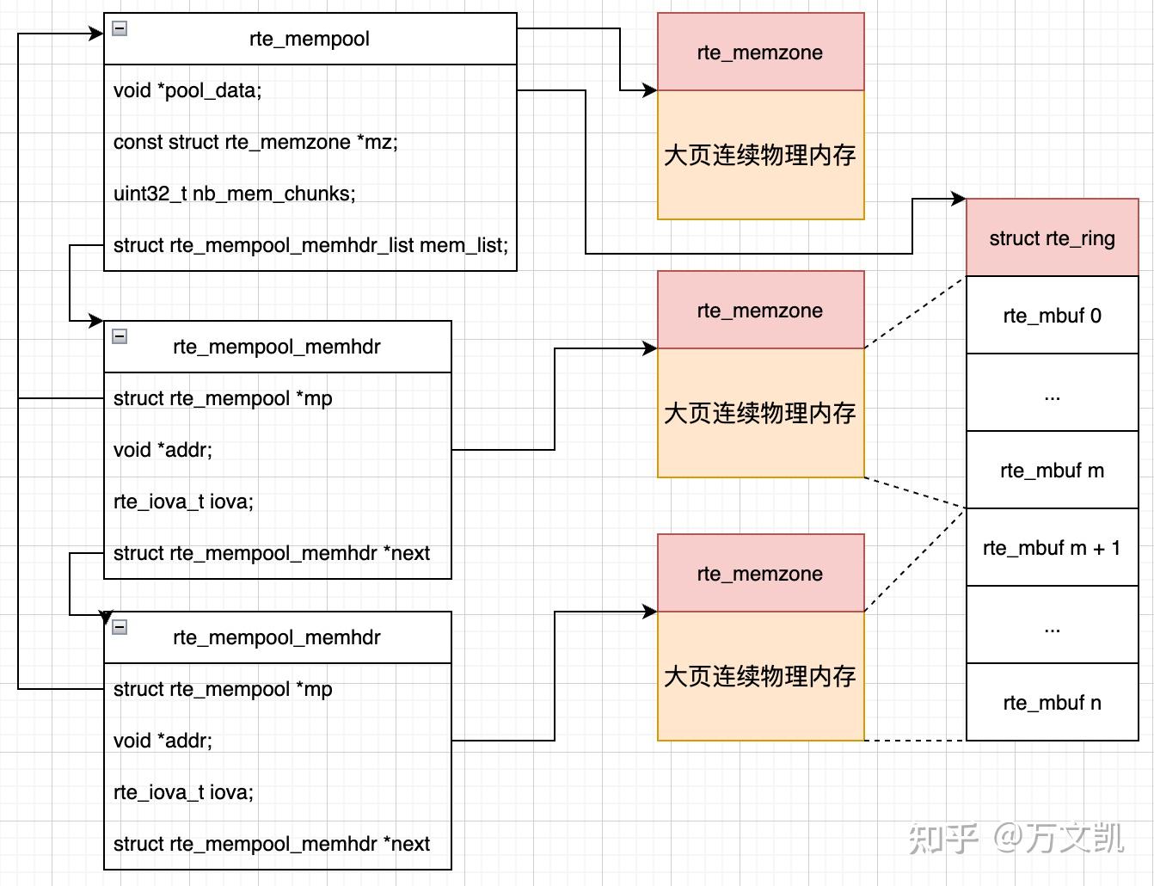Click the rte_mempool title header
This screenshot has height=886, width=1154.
310,39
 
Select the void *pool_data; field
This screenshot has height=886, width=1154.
187,90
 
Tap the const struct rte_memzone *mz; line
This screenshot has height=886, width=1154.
255,142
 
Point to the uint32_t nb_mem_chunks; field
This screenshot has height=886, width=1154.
234,194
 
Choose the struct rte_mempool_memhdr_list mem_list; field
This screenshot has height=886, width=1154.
310,245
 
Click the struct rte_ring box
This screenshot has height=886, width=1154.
1052,238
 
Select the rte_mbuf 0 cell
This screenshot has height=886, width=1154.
1052,316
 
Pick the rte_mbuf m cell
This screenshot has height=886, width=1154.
1052,471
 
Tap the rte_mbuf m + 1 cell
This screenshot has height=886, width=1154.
1052,548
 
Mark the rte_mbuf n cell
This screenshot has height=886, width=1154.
1052,703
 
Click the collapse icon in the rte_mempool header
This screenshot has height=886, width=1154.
120,28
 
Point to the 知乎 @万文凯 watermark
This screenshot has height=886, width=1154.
1016,837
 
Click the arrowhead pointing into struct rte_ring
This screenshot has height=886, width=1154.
958,200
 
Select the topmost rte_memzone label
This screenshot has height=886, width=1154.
760,52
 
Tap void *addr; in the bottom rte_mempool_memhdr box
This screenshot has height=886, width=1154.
163,741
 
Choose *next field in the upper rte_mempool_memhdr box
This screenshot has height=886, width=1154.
271,553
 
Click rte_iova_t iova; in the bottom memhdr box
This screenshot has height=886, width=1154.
183,792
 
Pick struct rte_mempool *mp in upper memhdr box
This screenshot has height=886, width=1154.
223,398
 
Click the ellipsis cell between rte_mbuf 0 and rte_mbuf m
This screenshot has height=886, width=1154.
1052,393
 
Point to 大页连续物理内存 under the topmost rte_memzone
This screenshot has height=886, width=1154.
760,155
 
